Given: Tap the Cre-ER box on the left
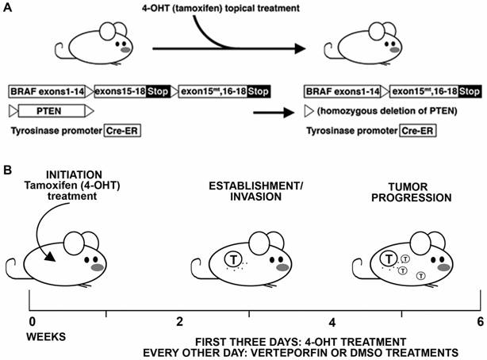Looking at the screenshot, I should [x=121, y=130].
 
